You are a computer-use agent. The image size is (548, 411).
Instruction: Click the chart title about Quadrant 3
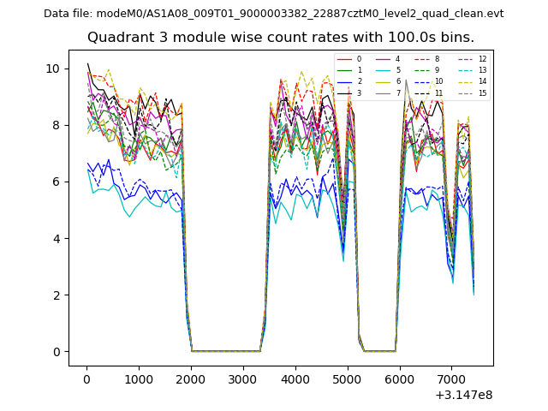click(280, 38)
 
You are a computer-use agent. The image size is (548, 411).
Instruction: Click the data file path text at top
click(273, 13)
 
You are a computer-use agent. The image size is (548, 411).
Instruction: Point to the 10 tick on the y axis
click(56, 68)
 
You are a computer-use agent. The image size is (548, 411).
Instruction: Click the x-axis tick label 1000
click(139, 378)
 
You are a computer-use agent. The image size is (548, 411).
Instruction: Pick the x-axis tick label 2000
click(191, 378)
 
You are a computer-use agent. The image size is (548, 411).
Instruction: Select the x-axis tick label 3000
click(243, 378)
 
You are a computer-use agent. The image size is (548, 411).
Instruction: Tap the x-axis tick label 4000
click(295, 378)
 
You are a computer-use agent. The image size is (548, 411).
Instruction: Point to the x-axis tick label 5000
click(348, 378)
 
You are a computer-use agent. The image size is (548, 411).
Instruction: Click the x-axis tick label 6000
click(400, 378)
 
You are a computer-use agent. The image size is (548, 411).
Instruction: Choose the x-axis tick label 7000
click(452, 378)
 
